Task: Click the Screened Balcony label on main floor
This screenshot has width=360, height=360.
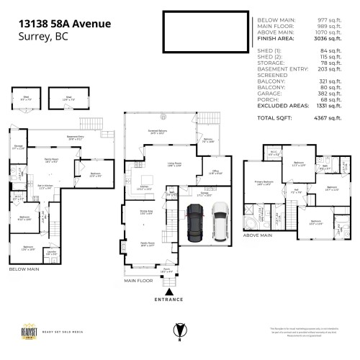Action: click(x=157, y=132)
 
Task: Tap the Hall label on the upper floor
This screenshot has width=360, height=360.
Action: click(x=295, y=192)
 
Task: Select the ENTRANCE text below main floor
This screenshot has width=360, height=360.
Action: click(x=169, y=299)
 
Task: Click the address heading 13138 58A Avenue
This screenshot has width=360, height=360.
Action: click(x=65, y=24)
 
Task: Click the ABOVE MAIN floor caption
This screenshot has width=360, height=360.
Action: click(x=257, y=235)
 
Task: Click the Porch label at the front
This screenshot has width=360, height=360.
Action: click(x=167, y=271)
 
